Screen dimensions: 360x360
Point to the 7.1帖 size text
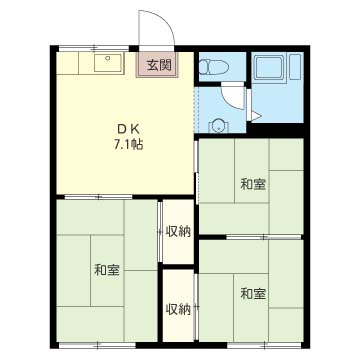[x=129, y=144]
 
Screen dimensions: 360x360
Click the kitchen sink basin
[x=107, y=63]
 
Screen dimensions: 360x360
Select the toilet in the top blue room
[x=213, y=67]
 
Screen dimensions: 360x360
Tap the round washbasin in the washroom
[x=218, y=126]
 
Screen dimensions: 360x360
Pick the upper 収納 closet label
[x=178, y=232]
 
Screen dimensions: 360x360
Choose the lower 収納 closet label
[x=179, y=310]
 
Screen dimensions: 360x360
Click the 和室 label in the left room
[x=107, y=270]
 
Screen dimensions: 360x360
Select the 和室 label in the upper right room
[x=254, y=184]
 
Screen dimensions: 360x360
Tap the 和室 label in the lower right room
[x=253, y=294]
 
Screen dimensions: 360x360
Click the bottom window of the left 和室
[x=97, y=345]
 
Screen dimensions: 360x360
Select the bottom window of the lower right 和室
[x=264, y=345]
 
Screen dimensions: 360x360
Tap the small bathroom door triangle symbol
[x=256, y=116]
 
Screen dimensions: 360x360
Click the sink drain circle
[x=107, y=58]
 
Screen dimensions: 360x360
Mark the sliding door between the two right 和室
[x=264, y=237]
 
